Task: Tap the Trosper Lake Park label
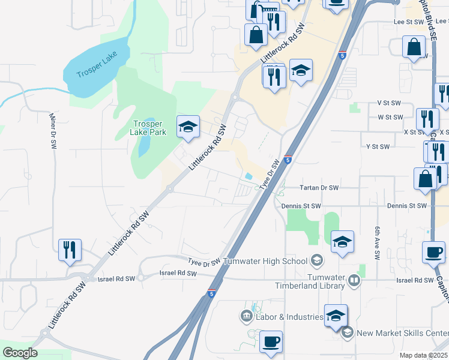click(149, 128)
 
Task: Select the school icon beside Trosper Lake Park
click(188, 127)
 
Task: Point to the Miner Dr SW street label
click(53, 130)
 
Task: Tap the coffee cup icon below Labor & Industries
click(271, 342)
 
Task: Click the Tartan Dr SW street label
click(319, 188)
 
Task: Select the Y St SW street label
click(378, 146)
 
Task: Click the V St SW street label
click(388, 103)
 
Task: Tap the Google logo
click(20, 353)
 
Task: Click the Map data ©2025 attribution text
click(423, 355)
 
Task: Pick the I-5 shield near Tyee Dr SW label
click(288, 160)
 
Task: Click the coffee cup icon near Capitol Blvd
click(433, 253)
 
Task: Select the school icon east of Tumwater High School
click(342, 242)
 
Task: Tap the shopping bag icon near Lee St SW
click(414, 47)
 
